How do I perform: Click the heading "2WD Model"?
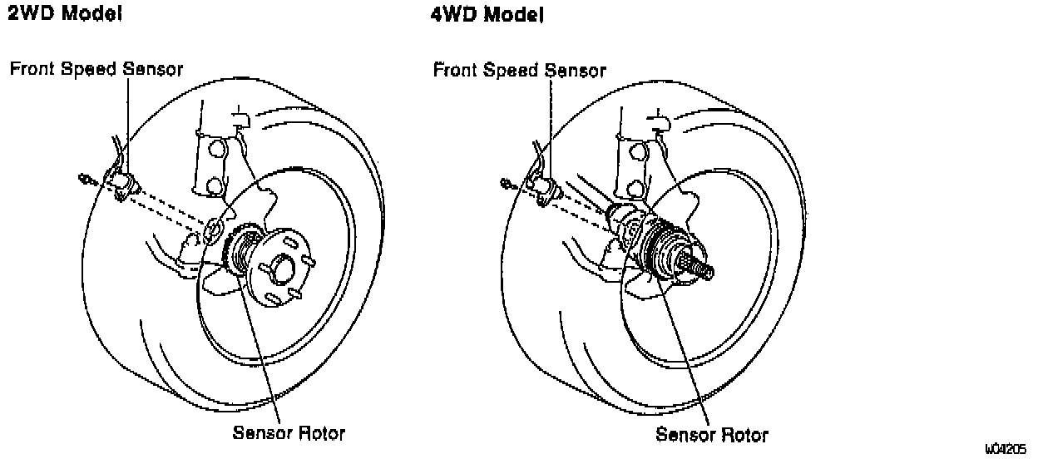point(66,15)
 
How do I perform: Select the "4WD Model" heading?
point(488,15)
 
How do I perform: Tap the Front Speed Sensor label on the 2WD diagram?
point(96,69)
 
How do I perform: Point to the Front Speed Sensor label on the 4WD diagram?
point(519,71)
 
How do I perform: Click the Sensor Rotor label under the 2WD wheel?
point(289,433)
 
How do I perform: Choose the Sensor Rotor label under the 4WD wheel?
point(712,434)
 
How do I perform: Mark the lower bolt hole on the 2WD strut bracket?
point(215,184)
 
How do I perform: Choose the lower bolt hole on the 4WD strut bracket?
point(638,185)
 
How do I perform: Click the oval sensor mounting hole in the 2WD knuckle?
point(214,227)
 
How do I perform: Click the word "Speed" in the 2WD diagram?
point(91,69)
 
